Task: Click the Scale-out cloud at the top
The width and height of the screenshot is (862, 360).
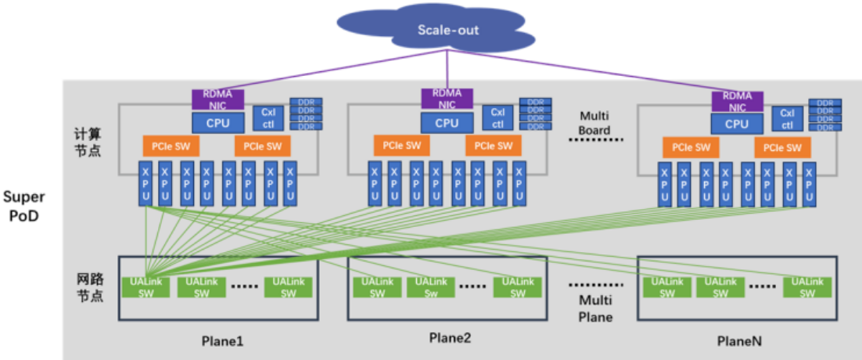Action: point(447,31)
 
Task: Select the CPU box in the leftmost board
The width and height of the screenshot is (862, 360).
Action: point(218,122)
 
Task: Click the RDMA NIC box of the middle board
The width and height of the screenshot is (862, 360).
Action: point(447,99)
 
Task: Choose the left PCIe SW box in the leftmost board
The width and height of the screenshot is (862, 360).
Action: point(171,146)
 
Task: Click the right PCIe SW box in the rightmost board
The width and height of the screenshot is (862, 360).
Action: point(783,147)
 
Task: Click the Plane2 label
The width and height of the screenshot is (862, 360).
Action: point(450,338)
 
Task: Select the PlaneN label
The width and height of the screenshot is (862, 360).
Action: point(739,341)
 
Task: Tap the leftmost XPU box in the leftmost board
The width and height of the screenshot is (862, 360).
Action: point(145,185)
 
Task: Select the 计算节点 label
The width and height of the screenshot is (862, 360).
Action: point(92,142)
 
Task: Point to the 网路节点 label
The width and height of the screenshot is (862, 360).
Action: point(92,286)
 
